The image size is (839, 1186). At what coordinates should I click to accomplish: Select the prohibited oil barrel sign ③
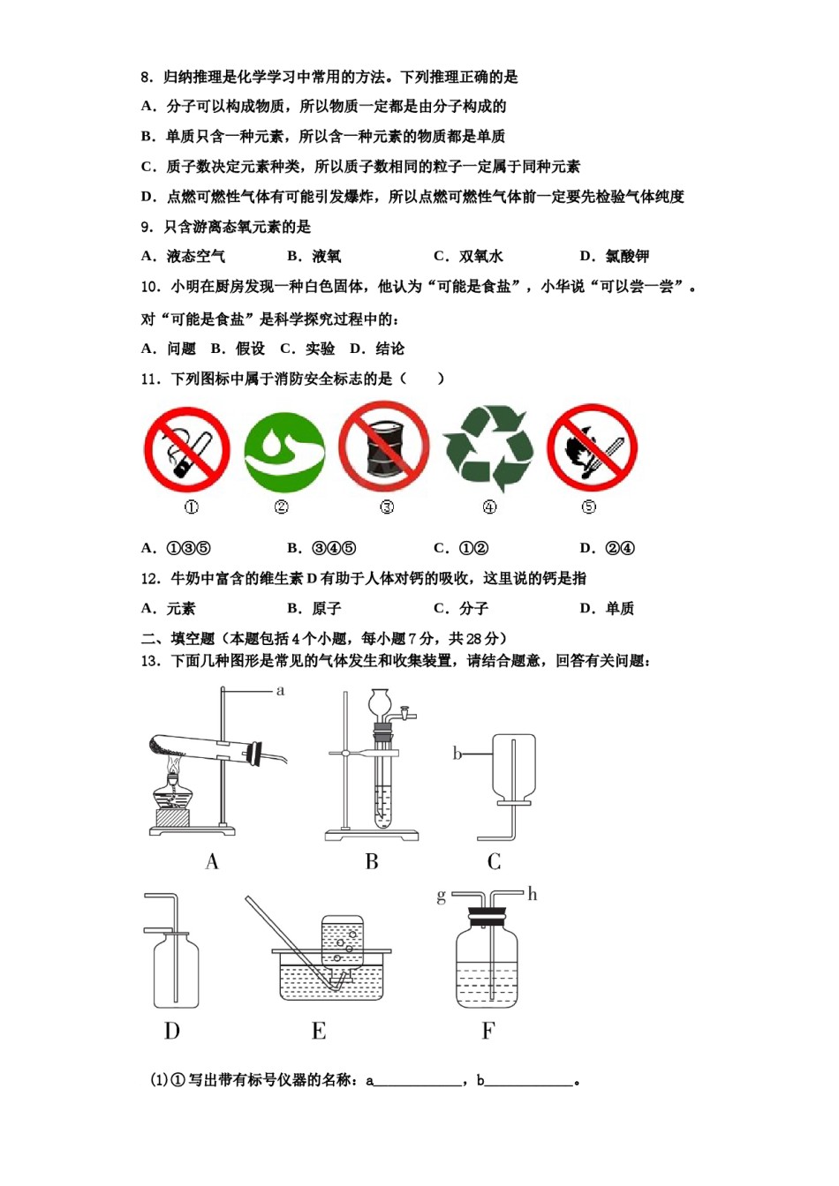coord(384,447)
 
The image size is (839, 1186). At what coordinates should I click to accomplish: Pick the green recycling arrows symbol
coord(489,448)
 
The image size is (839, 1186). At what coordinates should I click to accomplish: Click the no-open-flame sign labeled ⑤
coord(592,447)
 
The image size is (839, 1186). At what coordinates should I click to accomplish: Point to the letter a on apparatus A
coord(281,690)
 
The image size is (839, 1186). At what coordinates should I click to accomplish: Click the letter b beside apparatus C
coord(457,753)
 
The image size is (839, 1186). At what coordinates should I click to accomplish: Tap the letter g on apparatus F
coord(441,897)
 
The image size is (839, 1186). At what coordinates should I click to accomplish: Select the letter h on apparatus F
coord(533,895)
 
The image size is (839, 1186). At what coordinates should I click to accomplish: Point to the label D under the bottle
coord(171,1031)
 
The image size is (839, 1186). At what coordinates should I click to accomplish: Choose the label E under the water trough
coord(319,1031)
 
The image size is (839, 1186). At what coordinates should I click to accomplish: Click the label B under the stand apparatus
coord(372,862)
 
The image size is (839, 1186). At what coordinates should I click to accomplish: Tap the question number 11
coord(150,379)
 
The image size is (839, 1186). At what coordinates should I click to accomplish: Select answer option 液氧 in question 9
coord(326,257)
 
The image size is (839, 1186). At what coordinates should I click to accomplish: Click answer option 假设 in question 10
coord(250,349)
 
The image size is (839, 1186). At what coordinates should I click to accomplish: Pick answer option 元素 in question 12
coord(180,608)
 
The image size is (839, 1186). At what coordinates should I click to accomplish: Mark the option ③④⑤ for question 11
coord(334,548)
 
